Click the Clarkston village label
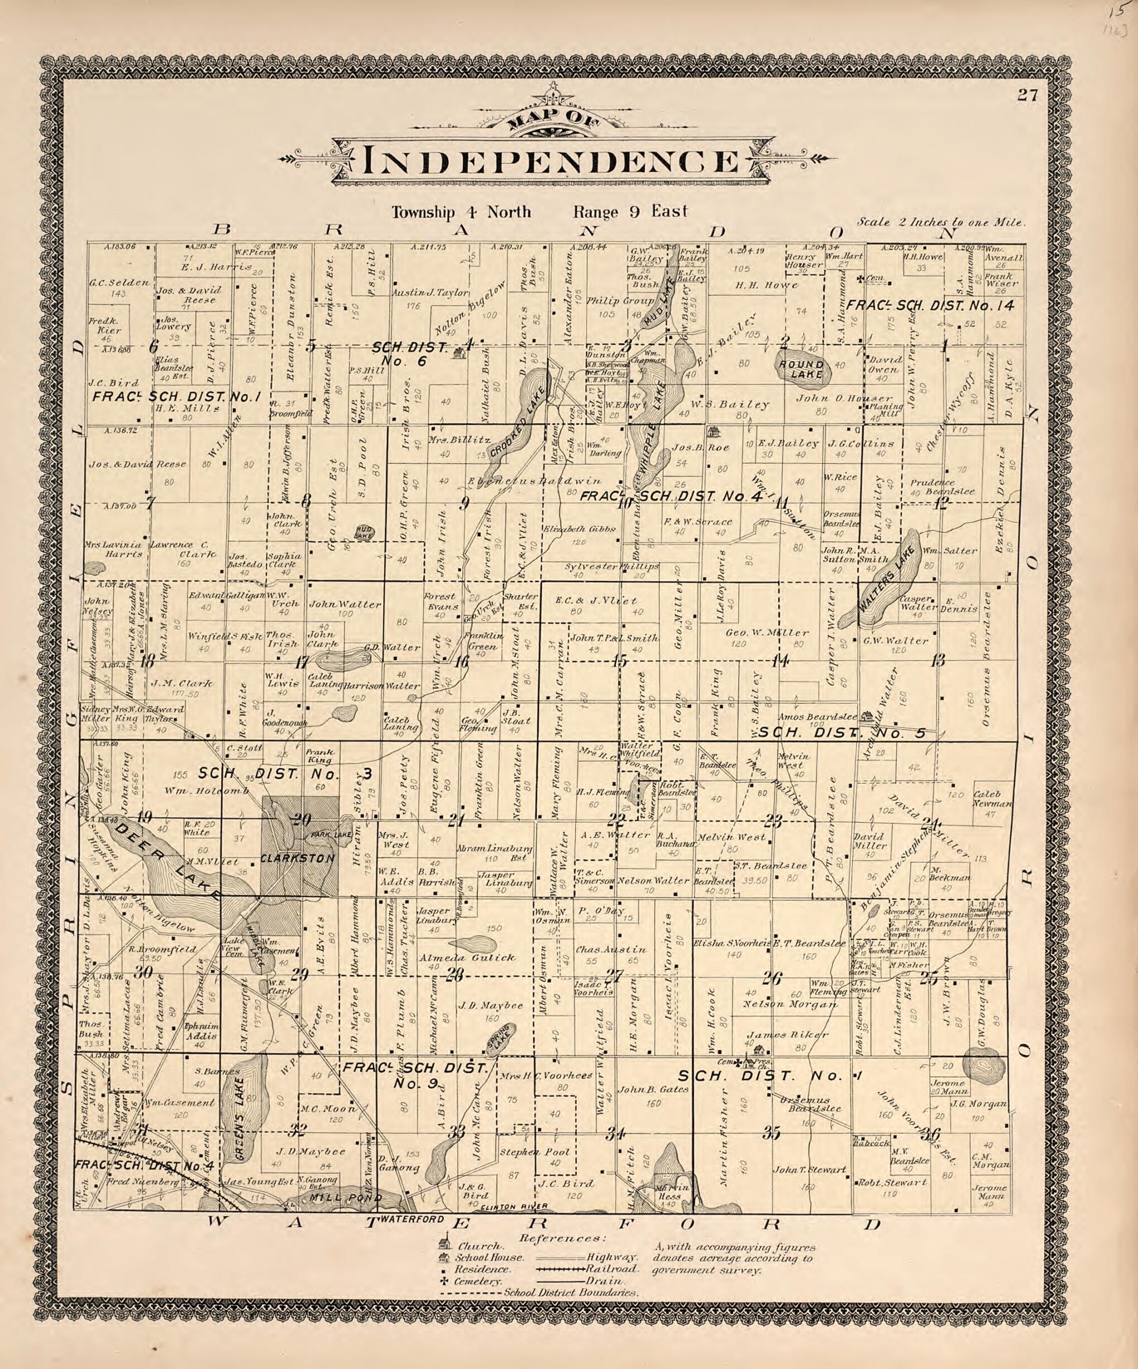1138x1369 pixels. coord(298,858)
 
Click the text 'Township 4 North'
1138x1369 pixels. coord(461,213)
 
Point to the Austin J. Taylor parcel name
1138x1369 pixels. coord(430,294)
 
